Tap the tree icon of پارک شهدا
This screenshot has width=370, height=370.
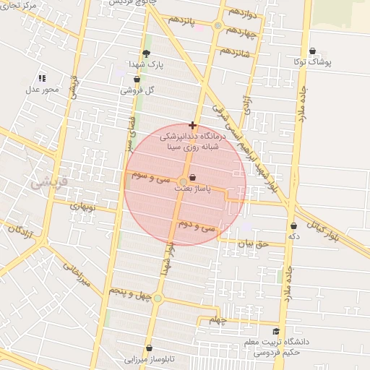tap(147, 53)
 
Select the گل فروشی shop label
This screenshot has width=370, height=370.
tap(140, 90)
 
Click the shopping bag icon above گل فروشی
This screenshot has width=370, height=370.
tap(137, 79)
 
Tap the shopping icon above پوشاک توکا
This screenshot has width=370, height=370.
tap(312, 51)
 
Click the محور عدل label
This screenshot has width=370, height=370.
tap(42, 90)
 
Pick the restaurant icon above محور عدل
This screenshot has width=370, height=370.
tap(42, 78)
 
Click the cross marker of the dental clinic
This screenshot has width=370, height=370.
tap(192, 125)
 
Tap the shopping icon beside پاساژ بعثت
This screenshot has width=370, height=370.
tap(192, 178)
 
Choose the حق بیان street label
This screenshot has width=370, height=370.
tap(253, 244)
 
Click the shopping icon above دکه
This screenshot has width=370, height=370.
tap(293, 225)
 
